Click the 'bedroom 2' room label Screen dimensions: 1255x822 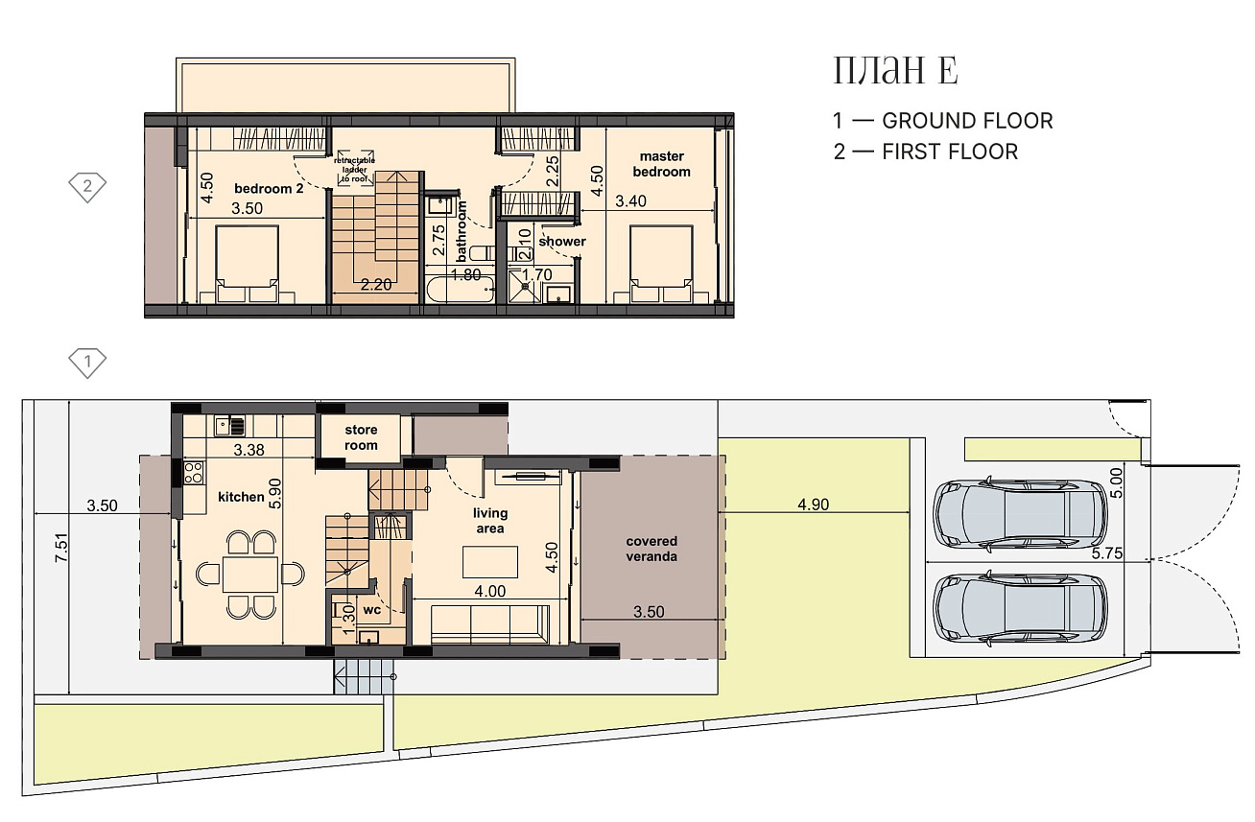pos(269,189)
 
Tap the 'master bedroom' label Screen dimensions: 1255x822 pos(662,164)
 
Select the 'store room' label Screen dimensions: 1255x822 pos(361,437)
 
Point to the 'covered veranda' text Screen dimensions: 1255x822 pos(651,549)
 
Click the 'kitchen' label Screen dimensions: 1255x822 pos(241,497)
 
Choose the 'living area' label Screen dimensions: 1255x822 pos(490,521)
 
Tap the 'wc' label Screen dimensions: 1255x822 pos(372,610)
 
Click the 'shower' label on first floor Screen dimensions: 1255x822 pos(562,242)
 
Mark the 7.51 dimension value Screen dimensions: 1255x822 pos(60,548)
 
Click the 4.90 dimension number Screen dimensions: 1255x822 pos(813,505)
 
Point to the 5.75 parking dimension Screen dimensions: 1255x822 pos(1106,553)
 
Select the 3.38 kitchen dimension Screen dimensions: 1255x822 pos(249,450)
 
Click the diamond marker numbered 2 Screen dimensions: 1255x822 pos(87,187)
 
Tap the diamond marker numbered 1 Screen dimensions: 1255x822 pos(87,363)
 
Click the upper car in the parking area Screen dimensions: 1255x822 pos(1020,513)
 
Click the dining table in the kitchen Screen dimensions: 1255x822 pos(249,574)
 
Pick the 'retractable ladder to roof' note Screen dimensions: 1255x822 pos(355,170)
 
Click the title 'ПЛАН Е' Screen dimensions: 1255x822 pos(895,71)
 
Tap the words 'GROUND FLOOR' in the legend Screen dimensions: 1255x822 pos(967,121)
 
